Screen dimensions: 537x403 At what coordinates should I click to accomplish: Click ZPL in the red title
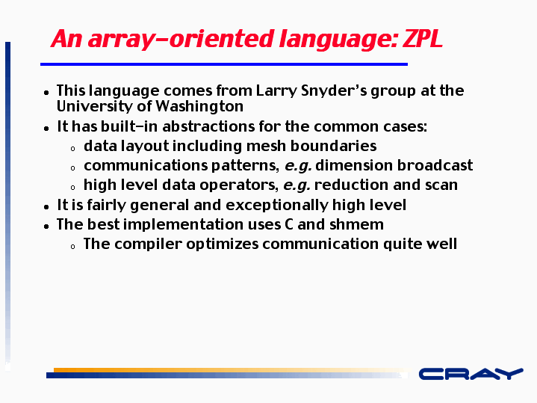[x=423, y=38]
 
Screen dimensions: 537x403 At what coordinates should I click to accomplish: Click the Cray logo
[x=471, y=374]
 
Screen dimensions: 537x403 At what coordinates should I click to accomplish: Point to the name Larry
[x=276, y=91]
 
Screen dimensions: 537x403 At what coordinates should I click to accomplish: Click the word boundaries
[x=333, y=146]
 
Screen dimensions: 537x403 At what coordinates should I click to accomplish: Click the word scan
[x=441, y=185]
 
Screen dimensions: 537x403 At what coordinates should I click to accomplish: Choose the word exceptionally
[x=277, y=206]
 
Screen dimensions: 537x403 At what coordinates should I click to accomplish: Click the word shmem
[x=356, y=224]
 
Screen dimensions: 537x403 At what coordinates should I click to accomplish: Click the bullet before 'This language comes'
[x=46, y=93]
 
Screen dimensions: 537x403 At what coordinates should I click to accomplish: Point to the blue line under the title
[x=224, y=64]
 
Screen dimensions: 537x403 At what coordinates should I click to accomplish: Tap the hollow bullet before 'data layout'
[x=72, y=149]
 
